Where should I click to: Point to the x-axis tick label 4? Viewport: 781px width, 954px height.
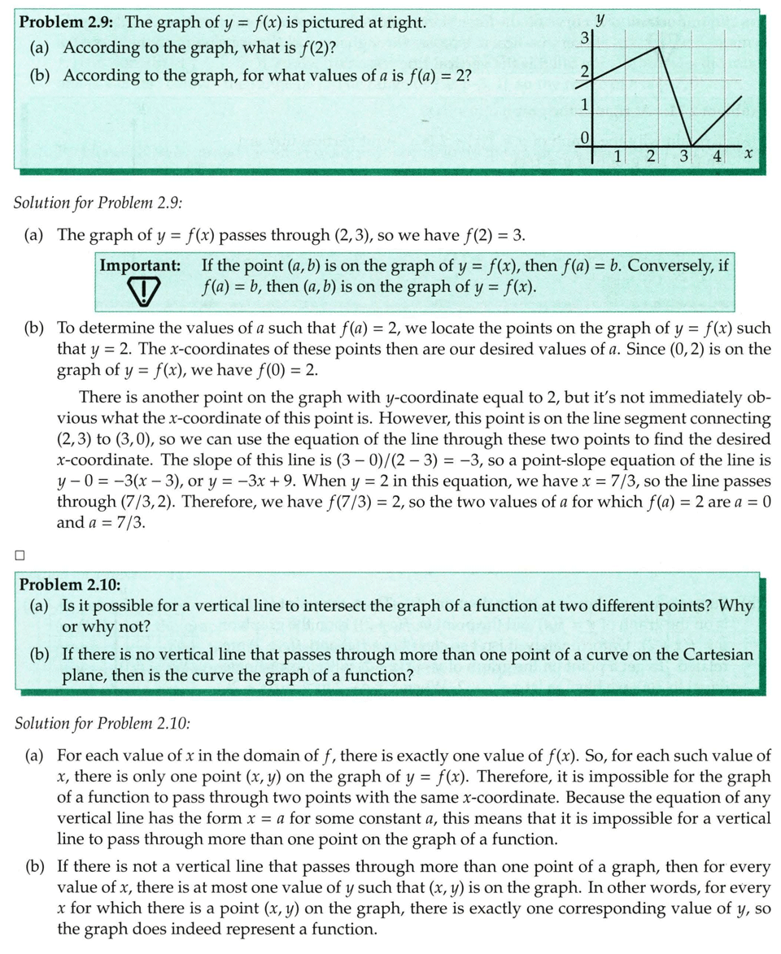[x=716, y=155]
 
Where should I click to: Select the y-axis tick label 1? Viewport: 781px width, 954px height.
[x=583, y=106]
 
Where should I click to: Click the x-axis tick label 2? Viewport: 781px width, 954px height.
[x=650, y=155]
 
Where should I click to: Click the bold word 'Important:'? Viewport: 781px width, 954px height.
[x=140, y=266]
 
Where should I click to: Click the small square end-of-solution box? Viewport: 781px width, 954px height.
[x=20, y=555]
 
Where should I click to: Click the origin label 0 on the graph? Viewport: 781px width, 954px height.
[x=583, y=136]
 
